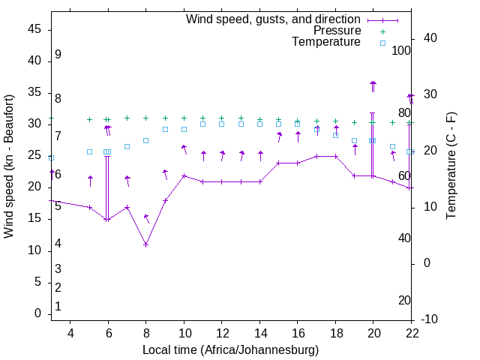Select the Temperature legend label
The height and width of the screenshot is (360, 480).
[x=326, y=42]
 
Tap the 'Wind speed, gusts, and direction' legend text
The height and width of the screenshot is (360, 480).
[x=274, y=19]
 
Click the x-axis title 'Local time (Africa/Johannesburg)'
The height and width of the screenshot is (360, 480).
[x=231, y=349]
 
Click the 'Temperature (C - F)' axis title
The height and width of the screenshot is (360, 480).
[x=451, y=166]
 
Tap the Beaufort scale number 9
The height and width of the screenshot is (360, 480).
[x=58, y=55]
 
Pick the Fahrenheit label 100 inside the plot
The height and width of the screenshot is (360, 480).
[x=402, y=50]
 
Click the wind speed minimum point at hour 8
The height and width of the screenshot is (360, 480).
[x=146, y=244]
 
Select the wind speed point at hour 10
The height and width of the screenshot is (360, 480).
[x=184, y=176]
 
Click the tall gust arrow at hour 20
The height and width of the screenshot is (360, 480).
[x=373, y=86]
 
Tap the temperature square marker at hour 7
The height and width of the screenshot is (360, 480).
[x=127, y=146]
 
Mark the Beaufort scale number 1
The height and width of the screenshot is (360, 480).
[x=58, y=306]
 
